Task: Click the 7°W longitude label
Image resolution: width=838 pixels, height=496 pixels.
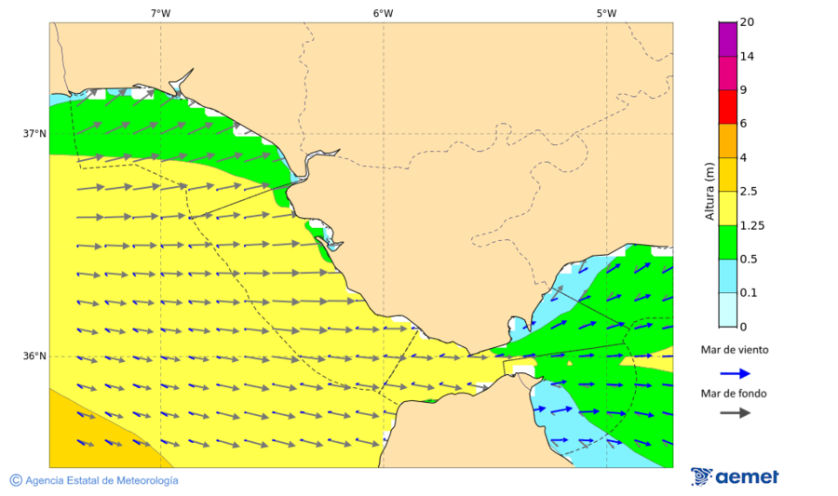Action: [x=160, y=13]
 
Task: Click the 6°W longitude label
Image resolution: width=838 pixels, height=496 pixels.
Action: [x=383, y=13]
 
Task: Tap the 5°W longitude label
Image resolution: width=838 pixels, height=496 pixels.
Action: [x=606, y=13]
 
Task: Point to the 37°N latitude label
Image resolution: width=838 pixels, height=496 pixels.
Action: [x=34, y=133]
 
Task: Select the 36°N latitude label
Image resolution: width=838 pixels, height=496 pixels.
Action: [x=34, y=356]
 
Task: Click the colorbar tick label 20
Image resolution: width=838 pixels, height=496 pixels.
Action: [x=746, y=22]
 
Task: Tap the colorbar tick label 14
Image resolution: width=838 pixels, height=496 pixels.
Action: [x=746, y=57]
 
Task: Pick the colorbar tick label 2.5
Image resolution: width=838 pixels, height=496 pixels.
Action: [x=749, y=192]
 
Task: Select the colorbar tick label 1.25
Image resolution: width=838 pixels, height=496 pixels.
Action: [x=750, y=225]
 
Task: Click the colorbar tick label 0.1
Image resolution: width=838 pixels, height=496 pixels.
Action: [x=748, y=292]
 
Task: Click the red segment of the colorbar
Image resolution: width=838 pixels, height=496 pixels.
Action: [x=727, y=106]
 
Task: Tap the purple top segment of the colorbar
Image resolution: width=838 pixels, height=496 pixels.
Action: [x=727, y=39]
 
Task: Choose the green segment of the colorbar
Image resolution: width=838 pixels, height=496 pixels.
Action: [x=727, y=241]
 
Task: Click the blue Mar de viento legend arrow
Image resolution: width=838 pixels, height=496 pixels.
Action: [x=736, y=373]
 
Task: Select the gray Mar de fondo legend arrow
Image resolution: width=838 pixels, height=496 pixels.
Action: [x=736, y=412]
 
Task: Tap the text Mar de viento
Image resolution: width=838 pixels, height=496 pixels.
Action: [x=735, y=351]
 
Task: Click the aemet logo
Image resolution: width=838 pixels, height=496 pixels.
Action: [x=735, y=476]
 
